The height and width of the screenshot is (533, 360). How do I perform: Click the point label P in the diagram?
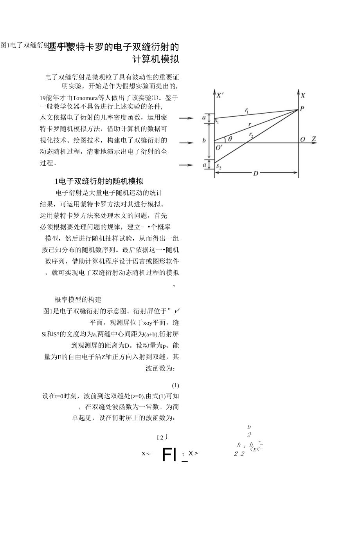tap(302, 109)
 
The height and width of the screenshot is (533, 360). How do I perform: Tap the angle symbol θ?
tap(230, 139)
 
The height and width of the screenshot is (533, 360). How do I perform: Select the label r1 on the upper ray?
tap(247, 111)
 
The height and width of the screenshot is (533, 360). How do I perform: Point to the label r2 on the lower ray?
tap(251, 135)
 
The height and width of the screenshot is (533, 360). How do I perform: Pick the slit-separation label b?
tap(204, 141)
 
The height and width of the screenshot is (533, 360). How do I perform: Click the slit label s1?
tap(217, 122)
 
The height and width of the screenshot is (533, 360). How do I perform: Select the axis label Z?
tap(313, 139)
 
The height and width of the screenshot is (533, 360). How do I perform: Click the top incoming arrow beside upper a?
tap(186, 117)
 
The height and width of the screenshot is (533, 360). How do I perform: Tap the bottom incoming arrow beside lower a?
tap(186, 165)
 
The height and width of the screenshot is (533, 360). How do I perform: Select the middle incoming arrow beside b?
tap(186, 143)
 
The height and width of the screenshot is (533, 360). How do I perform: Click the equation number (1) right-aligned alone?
tap(176, 385)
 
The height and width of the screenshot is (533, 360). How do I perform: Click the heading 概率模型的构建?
tap(78, 300)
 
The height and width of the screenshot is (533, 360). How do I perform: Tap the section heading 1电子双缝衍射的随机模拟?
tap(99, 181)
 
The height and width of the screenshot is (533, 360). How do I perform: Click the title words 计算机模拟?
tap(156, 60)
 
